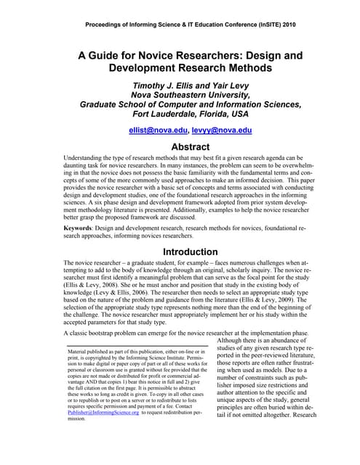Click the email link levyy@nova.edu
point(222,130)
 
